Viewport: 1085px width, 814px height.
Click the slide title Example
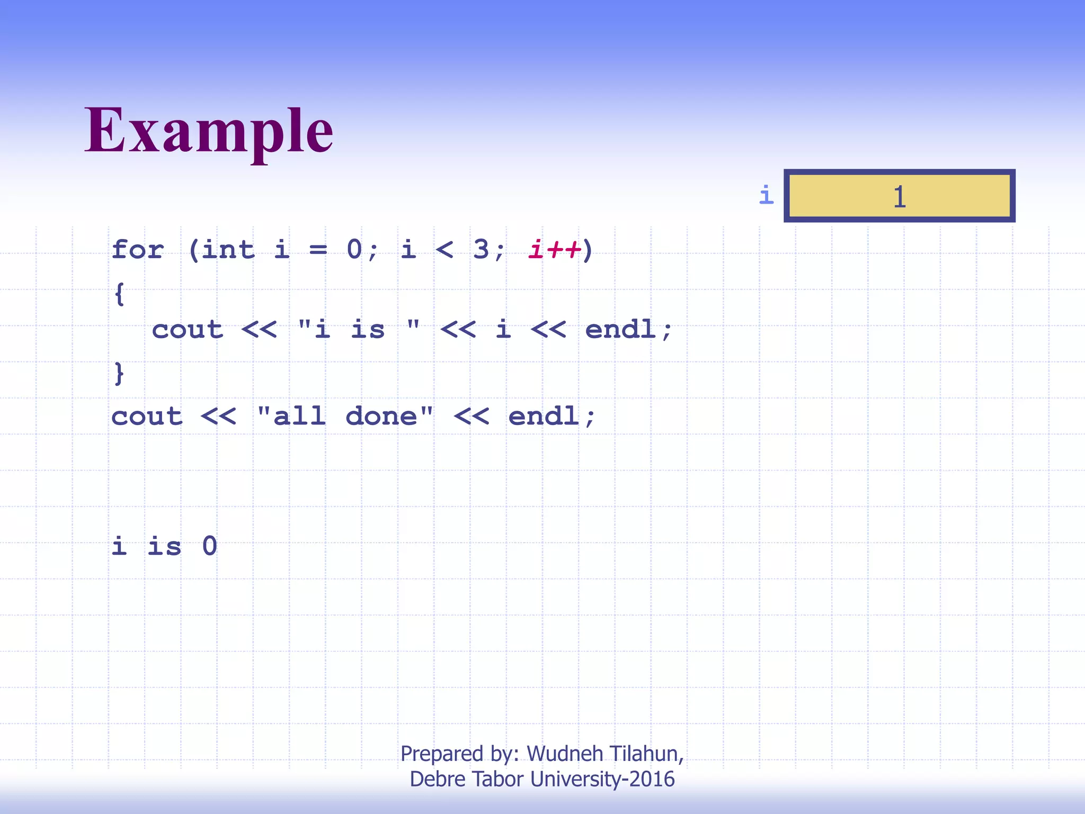click(209, 130)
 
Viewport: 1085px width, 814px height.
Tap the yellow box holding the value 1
click(899, 196)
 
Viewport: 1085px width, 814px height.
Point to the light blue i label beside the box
click(766, 195)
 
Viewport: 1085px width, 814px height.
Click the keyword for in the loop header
click(138, 249)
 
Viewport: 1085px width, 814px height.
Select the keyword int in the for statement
click(228, 249)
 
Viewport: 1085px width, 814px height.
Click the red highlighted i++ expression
click(554, 249)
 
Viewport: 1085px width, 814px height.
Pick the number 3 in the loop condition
click(481, 249)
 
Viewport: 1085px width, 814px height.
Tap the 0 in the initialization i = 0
click(354, 249)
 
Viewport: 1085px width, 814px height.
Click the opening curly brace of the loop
click(120, 294)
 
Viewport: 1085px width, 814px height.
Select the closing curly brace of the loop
click(120, 373)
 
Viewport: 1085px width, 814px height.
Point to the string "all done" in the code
click(345, 416)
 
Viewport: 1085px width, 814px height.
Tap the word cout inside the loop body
click(188, 330)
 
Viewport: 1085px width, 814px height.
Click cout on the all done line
click(147, 416)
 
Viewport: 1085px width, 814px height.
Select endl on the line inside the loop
click(620, 330)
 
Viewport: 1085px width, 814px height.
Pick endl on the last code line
click(544, 416)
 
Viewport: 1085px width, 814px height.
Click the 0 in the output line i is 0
click(210, 546)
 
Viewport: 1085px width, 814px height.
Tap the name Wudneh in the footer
click(565, 754)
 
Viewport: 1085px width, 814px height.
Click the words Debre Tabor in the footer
click(467, 779)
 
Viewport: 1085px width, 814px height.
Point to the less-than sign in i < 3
click(444, 249)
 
